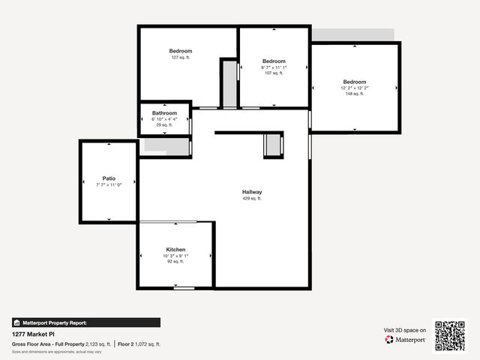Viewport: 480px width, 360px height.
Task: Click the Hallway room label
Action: click(252, 193)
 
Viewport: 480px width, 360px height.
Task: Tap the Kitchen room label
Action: click(175, 250)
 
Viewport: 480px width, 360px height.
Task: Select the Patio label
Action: click(109, 178)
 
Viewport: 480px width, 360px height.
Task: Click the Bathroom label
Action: click(164, 113)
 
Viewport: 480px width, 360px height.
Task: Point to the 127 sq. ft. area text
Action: click(181, 58)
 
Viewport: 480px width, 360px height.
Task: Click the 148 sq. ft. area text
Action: click(355, 94)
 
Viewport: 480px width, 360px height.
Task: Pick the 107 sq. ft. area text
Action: click(274, 73)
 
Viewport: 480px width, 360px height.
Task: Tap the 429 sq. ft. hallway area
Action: click(252, 199)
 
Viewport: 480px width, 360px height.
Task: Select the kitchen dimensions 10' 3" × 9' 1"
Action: click(175, 256)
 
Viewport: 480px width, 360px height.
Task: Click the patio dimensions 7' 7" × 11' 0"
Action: click(109, 184)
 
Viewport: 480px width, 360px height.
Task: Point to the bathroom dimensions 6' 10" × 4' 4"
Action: click(164, 119)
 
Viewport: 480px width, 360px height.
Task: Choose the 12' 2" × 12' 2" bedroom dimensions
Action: click(355, 88)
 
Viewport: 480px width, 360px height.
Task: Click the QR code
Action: click(450, 336)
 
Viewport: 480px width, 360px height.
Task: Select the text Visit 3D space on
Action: click(405, 330)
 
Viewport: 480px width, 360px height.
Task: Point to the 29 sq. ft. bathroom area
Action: click(164, 125)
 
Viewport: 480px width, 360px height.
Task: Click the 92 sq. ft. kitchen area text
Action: click(175, 262)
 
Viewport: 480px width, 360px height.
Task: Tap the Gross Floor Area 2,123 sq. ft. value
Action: click(97, 344)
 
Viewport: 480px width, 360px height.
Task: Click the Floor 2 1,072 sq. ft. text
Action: click(140, 344)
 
